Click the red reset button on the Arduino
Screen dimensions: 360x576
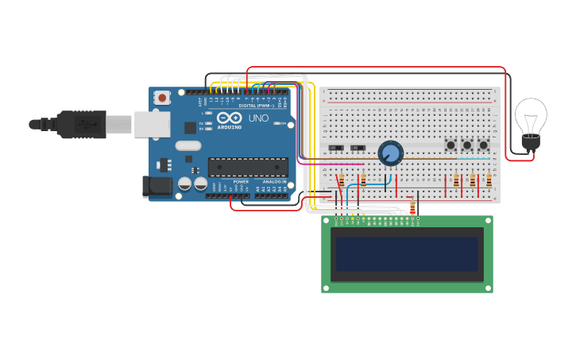162,98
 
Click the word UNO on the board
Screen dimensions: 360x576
258,118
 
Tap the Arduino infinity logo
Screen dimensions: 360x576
229,118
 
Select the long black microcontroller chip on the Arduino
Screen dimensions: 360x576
248,166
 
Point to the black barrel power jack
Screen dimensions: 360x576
156,187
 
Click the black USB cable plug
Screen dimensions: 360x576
79,124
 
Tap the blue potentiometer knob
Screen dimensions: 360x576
390,152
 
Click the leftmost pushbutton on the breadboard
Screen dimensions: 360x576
450,145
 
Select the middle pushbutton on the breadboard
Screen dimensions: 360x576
467,145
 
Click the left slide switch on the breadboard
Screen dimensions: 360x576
336,148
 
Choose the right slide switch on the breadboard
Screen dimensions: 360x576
358,148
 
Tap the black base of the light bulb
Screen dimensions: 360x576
530,143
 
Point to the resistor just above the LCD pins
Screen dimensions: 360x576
412,208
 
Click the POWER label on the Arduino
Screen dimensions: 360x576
241,181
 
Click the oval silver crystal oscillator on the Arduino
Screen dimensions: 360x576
188,145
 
